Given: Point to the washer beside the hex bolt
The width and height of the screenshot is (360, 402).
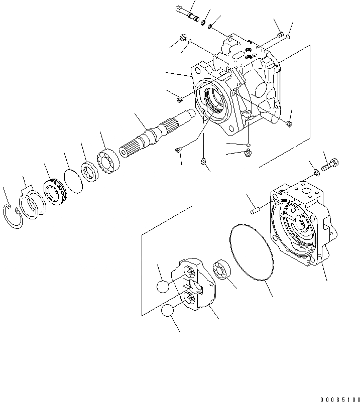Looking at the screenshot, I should [315, 173].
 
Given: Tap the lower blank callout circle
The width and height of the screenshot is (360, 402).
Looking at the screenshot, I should [169, 311].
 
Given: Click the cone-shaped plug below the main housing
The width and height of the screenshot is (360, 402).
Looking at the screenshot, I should [203, 161].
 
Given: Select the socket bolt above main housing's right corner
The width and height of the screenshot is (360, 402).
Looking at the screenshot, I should [279, 34].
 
